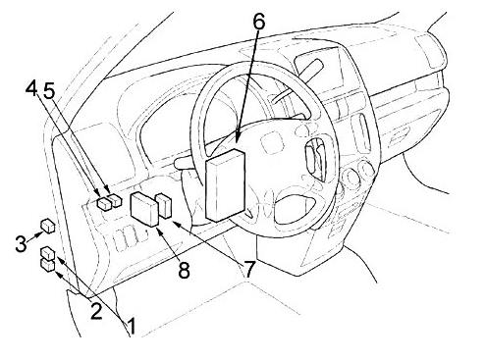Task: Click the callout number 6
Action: coord(258,22)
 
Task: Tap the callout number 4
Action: coord(31,89)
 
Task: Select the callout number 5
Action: coord(49,90)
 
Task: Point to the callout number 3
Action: coord(21,243)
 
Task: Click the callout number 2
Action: coord(96,311)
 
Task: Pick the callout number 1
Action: coord(131,326)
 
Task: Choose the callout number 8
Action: coord(184,270)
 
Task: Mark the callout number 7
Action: coord(248,269)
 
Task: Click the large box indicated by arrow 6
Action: coord(226,185)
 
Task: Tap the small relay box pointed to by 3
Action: coord(48,227)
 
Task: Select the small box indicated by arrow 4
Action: coord(105,203)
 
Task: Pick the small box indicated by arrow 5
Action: coord(116,200)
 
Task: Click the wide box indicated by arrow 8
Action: coord(144,209)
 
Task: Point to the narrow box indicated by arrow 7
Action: coord(164,206)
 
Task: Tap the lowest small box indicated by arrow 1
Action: coord(47,265)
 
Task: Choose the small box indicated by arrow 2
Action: coord(48,253)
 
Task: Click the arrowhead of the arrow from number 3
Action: coord(40,232)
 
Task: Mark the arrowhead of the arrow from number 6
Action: coord(239,138)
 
